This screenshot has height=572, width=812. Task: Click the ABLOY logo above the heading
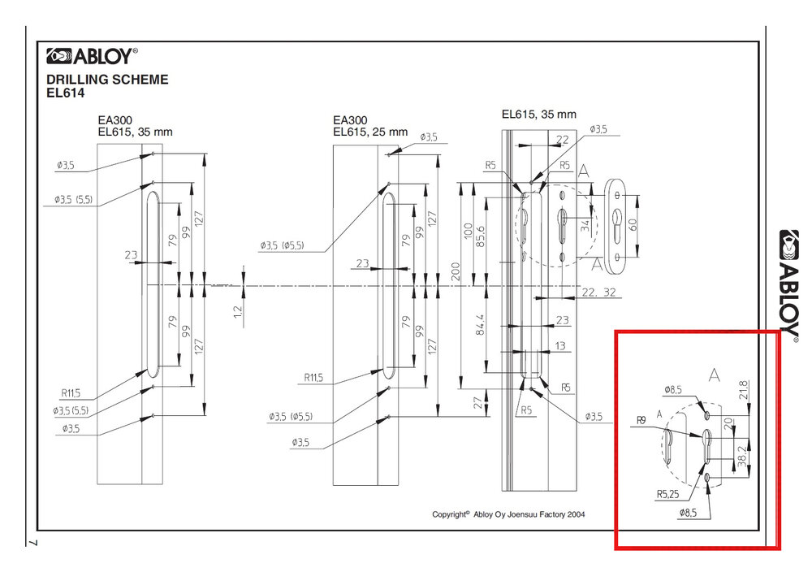(93, 56)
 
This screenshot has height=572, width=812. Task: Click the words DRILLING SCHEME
(107, 80)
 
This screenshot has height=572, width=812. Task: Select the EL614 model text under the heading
(65, 93)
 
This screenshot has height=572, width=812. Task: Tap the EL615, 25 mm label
(370, 132)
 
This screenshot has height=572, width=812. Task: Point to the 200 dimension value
(456, 271)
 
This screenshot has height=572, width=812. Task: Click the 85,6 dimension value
(480, 236)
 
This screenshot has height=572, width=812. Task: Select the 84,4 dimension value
(480, 324)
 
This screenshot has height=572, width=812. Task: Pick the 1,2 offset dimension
(238, 311)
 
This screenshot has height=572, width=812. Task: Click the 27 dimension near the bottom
(478, 402)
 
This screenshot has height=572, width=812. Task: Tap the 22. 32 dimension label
(599, 292)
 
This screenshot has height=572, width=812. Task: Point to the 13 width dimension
(560, 345)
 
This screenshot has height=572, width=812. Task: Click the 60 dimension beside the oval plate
(633, 224)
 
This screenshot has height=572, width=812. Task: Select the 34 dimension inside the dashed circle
(585, 225)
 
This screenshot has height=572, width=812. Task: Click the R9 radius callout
(641, 421)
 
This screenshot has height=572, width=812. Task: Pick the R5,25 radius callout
(667, 494)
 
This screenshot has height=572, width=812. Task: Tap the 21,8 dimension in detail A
(744, 390)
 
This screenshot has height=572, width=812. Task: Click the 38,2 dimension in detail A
(743, 457)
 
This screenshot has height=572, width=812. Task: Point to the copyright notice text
(508, 514)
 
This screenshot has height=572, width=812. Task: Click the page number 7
(33, 543)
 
